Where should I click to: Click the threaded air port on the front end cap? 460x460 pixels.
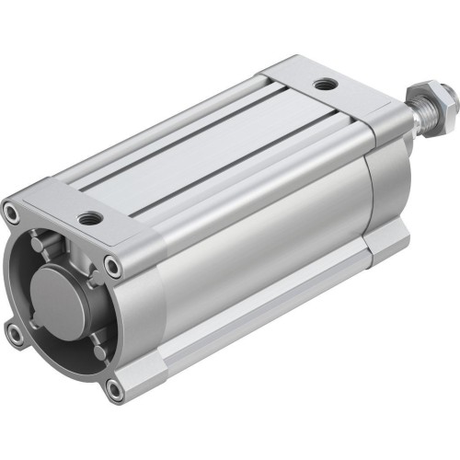click(x=89, y=219)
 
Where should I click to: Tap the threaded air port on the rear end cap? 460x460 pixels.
click(x=323, y=86)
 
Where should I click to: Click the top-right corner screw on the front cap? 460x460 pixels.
click(x=112, y=267)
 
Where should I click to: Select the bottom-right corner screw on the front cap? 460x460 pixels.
click(x=114, y=390)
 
